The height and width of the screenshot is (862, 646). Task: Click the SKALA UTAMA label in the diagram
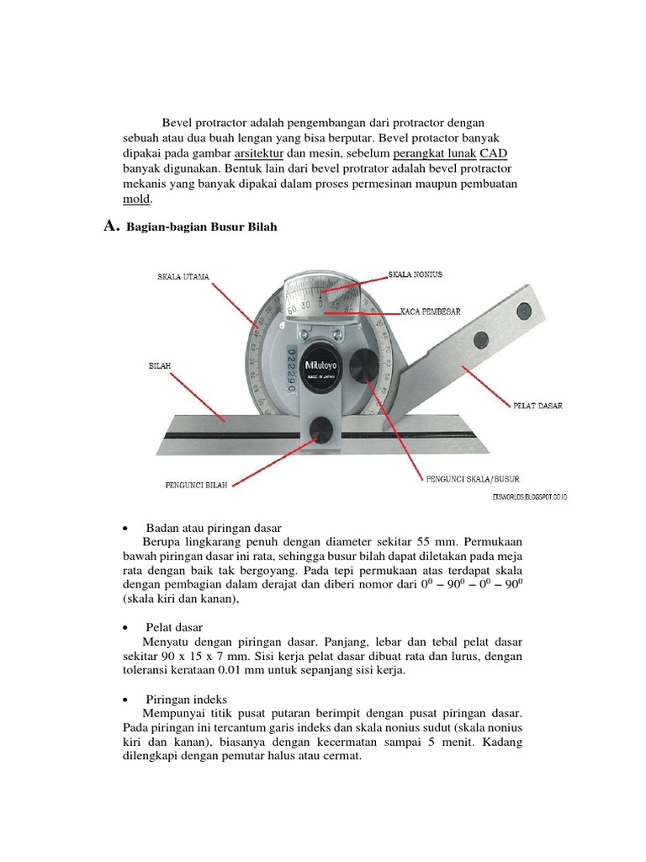click(x=183, y=276)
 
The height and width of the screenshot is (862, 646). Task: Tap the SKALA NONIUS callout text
click(x=415, y=274)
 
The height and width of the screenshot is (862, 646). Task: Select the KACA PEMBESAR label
click(x=429, y=311)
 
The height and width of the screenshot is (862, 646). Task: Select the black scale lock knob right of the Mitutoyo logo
click(x=364, y=364)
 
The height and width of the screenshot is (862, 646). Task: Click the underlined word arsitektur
click(x=259, y=153)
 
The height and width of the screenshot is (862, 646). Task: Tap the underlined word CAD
click(x=493, y=153)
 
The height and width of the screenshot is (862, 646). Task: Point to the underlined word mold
click(x=136, y=200)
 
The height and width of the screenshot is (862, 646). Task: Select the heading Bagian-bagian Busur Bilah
click(x=201, y=228)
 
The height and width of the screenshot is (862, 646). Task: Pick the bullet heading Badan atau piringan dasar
click(x=205, y=526)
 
